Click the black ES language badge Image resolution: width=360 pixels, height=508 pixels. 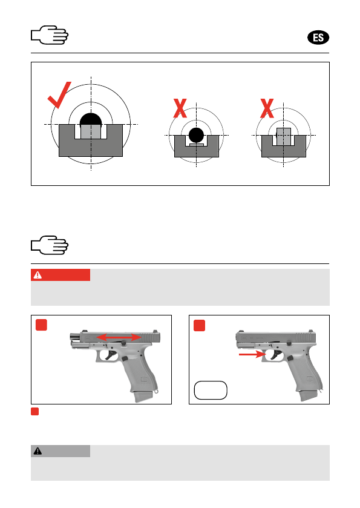318,38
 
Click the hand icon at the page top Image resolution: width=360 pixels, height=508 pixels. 50,35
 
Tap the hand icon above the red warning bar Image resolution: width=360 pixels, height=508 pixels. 50,245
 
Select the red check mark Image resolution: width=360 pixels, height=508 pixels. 59,95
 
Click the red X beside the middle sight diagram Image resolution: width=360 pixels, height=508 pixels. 180,108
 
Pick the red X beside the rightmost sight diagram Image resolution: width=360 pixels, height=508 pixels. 267,108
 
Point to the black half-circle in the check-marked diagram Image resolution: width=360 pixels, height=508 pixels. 91,119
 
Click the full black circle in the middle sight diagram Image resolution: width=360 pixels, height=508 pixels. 196,135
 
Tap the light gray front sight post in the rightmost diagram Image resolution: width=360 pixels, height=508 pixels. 284,136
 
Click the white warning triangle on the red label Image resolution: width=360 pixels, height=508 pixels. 38,275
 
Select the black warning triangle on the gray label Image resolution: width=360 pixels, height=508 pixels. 38,451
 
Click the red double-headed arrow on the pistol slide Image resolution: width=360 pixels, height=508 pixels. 119,337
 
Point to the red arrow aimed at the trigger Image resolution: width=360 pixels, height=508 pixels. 252,354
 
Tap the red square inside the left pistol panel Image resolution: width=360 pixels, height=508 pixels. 41,325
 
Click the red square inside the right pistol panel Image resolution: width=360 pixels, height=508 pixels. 200,325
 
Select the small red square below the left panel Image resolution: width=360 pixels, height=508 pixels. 34,412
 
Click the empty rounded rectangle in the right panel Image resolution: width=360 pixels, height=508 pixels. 211,390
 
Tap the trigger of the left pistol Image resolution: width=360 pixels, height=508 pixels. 110,355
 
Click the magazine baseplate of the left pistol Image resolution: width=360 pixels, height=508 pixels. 142,397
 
